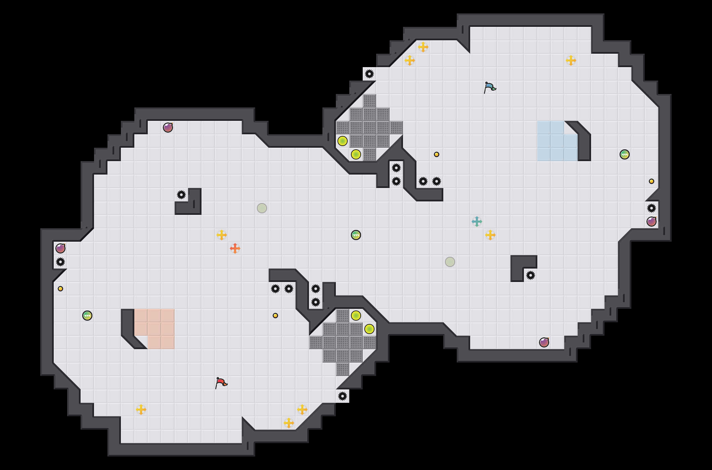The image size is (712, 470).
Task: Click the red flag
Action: click(221, 383)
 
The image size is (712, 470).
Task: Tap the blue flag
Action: click(490, 87)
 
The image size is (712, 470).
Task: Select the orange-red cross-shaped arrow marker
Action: click(235, 248)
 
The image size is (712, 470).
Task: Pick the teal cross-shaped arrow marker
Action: click(477, 222)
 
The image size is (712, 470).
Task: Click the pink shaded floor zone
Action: click(154, 326)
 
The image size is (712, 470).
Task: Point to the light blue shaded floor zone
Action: click(554, 141)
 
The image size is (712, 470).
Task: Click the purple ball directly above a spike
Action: click(60, 248)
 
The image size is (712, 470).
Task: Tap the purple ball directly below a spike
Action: click(652, 222)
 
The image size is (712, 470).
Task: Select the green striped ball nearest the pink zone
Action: click(87, 316)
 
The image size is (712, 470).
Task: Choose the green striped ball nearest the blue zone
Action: click(625, 154)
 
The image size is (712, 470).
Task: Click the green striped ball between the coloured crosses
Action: click(356, 235)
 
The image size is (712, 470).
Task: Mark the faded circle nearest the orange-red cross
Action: click(262, 208)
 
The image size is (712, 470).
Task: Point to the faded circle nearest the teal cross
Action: click(450, 262)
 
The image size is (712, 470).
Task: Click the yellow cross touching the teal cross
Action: click(490, 235)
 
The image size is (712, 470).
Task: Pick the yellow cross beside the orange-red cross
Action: click(222, 235)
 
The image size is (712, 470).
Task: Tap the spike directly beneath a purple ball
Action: click(60, 262)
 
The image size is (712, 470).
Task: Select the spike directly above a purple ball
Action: click(652, 208)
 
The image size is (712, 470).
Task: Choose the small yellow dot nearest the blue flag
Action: click(437, 154)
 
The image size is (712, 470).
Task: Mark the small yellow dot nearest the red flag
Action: click(275, 316)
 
